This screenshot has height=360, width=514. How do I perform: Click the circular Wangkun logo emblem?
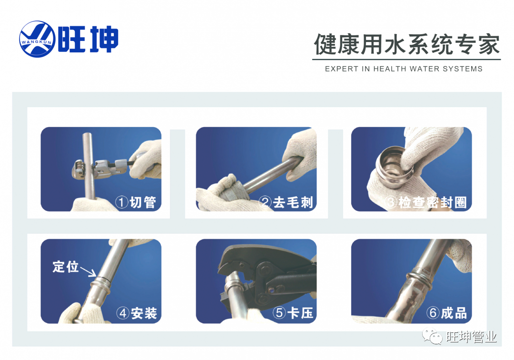point(38,39)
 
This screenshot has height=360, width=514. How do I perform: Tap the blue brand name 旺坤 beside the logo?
point(88,40)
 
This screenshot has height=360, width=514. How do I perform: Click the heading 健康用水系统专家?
point(407,44)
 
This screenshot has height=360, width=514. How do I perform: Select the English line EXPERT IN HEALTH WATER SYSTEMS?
point(404,69)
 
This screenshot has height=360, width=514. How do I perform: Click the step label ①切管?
point(136,202)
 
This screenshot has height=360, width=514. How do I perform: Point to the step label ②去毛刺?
point(286,202)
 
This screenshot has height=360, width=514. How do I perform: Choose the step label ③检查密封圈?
point(425,202)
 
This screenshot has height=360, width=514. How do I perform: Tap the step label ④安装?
point(137,313)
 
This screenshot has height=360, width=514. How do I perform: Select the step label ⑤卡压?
point(293,313)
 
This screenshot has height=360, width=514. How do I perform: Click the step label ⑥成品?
point(446,313)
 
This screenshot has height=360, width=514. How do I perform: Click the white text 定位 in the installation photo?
point(66,267)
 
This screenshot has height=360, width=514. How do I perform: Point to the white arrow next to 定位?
point(88,271)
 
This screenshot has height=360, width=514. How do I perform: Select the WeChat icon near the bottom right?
point(432,336)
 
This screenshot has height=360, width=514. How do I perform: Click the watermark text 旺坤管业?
point(471,337)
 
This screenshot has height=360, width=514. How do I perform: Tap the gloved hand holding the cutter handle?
point(147,160)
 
